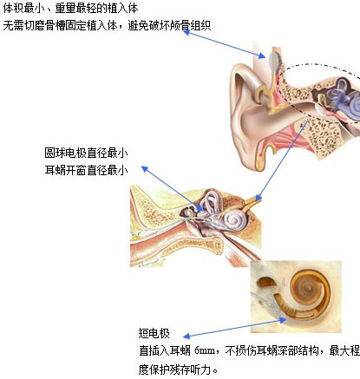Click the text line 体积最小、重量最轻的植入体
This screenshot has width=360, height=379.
(70, 8)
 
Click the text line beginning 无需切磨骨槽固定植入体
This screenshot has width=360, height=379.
(107, 26)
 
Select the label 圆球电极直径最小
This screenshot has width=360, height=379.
(86, 153)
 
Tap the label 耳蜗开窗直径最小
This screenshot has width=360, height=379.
(86, 170)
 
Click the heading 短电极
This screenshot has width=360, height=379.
(154, 333)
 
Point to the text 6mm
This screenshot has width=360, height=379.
(205, 350)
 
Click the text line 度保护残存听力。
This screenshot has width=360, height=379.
(179, 369)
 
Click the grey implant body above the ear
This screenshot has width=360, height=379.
(274, 60)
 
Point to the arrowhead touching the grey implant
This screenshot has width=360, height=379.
(262, 56)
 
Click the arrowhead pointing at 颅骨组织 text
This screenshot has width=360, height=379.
(187, 32)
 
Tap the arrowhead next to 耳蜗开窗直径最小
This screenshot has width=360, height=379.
(145, 168)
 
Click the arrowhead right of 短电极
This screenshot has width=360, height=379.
(187, 336)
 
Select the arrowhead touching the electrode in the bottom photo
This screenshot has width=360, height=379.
(282, 320)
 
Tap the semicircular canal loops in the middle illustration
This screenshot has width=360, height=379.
(211, 201)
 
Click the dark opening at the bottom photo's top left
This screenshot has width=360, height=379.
(265, 282)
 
